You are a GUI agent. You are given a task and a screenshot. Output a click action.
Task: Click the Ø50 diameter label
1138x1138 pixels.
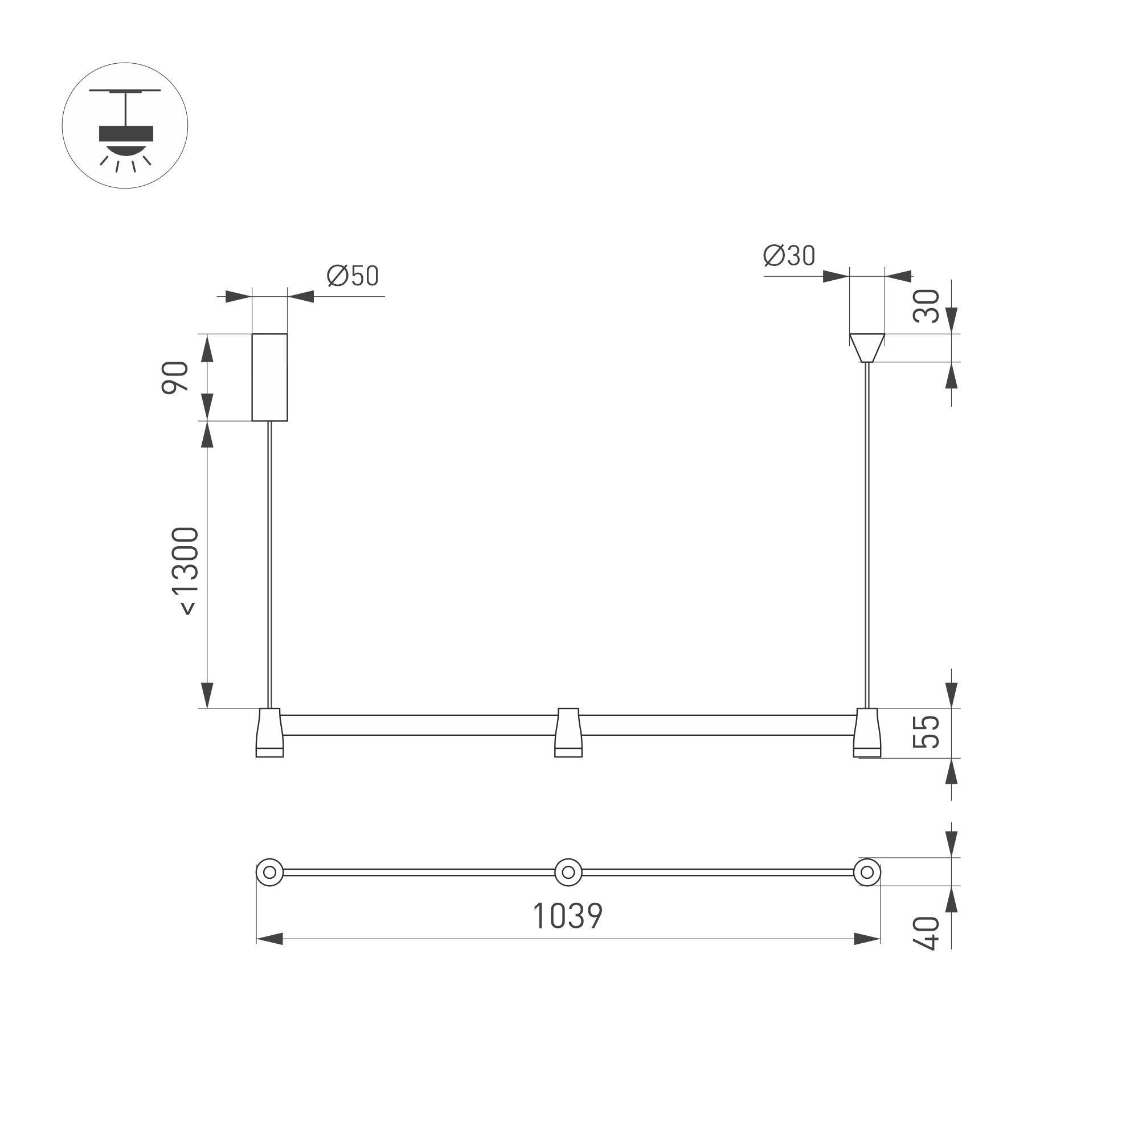click(352, 276)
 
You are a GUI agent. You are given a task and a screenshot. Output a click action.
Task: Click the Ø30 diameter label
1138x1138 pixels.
click(789, 256)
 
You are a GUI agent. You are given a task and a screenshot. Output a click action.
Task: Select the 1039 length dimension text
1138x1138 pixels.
click(568, 916)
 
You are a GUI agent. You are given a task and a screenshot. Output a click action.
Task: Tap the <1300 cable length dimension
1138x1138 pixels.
click(190, 571)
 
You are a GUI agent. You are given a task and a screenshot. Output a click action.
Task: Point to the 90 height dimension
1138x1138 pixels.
click(175, 377)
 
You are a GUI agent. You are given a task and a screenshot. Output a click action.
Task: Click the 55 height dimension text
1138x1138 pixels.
click(927, 731)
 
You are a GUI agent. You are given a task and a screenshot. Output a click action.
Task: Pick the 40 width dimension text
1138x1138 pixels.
click(927, 932)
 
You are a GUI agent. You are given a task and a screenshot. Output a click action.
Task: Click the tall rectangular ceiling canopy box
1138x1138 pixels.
click(270, 377)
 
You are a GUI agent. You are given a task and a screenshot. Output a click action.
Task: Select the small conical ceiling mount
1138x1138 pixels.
click(866, 347)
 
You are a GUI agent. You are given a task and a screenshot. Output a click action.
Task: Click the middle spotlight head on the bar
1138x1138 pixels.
click(568, 732)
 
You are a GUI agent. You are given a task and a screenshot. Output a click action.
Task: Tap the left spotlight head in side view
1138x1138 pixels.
click(270, 732)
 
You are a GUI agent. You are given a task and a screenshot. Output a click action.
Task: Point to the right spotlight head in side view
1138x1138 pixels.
click(867, 732)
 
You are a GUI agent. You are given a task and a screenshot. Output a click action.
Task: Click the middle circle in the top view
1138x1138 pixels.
click(568, 873)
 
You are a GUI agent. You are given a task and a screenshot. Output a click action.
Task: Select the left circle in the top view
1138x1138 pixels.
click(270, 873)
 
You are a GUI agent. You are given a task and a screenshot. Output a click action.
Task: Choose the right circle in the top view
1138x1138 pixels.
click(867, 873)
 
